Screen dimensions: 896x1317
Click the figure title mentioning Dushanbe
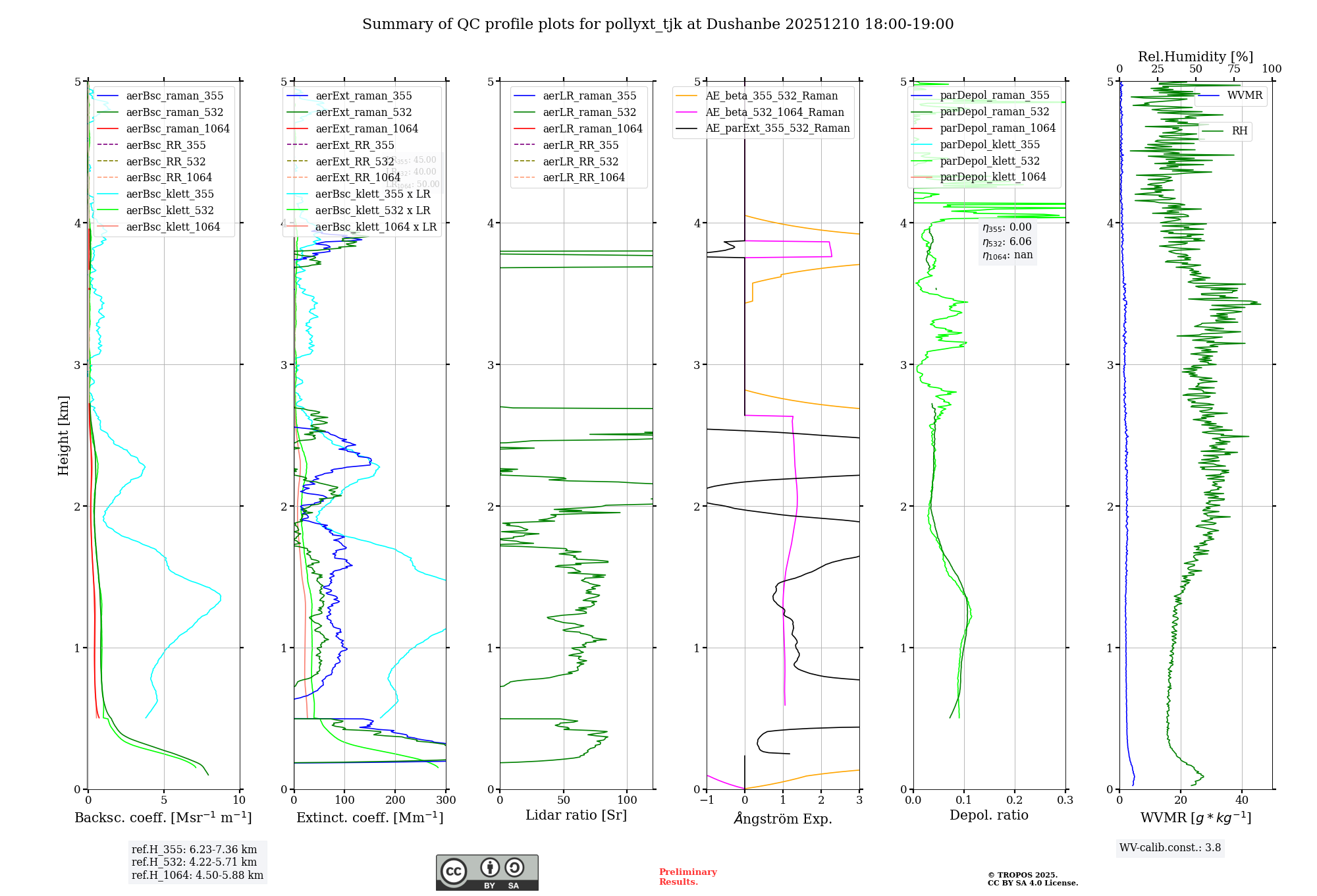click(658, 24)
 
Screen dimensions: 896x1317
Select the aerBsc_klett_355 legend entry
click(170, 194)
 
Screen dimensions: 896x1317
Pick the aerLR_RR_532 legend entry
click(580, 161)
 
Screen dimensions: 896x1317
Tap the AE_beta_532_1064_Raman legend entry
click(774, 112)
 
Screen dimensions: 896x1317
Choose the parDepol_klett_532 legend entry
click(990, 161)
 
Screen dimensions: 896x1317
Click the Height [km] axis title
click(63, 435)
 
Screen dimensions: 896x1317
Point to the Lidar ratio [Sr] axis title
click(576, 815)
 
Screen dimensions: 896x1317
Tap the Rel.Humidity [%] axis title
click(1195, 57)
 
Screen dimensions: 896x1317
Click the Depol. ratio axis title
click(988, 815)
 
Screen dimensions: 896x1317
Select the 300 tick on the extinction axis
click(446, 800)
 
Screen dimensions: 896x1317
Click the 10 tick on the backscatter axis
click(239, 800)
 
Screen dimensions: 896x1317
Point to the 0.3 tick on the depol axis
click(1065, 800)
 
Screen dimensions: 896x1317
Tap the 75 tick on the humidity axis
click(1233, 69)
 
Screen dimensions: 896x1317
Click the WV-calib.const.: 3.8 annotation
click(1169, 848)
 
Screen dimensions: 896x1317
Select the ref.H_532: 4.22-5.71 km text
click(194, 862)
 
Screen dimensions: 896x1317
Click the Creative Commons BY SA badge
click(487, 873)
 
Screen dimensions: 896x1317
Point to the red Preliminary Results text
click(687, 877)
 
